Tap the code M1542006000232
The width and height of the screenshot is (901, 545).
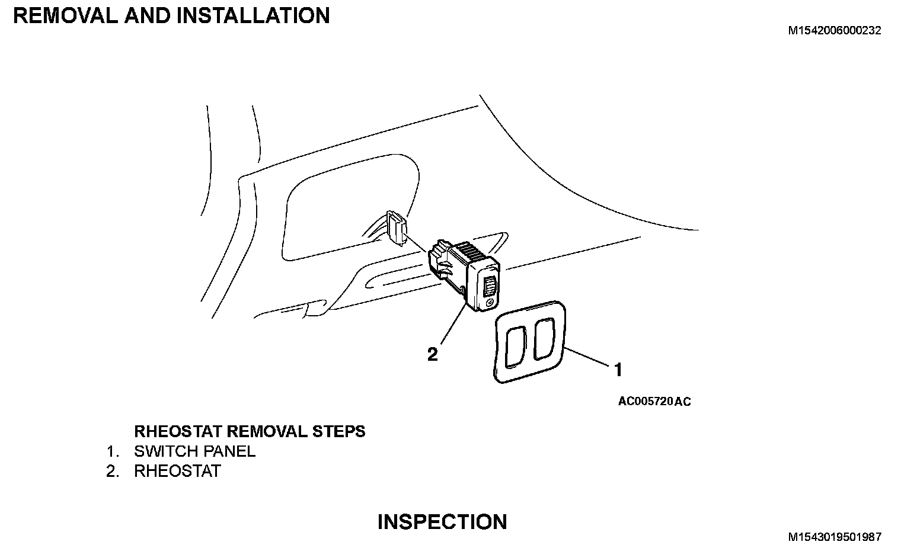834,31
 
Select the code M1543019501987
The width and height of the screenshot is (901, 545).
834,537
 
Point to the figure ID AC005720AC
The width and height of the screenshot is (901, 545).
654,402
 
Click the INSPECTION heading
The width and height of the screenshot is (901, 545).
442,522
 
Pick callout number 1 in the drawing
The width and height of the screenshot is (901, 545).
618,370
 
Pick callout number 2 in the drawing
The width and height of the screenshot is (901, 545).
433,354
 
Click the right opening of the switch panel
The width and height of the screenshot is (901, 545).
544,339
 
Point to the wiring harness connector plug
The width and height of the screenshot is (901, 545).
395,226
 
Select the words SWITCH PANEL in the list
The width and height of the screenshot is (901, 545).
194,451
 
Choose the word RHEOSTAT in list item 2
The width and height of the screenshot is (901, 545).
177,472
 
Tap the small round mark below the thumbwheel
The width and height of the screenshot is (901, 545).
488,303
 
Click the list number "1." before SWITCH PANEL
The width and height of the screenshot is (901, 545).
113,451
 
